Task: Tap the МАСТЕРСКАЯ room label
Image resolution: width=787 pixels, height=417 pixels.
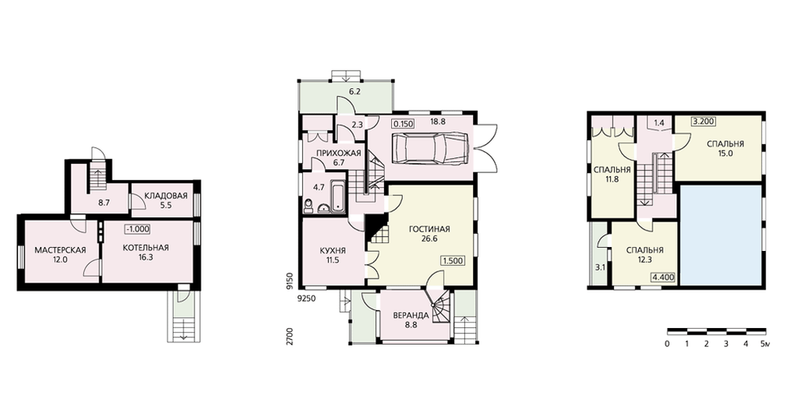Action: (61, 250)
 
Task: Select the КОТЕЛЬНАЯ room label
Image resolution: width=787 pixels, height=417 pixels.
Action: (146, 248)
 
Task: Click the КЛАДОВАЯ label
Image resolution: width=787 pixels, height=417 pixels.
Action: (165, 196)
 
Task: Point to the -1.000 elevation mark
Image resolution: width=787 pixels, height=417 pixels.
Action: (138, 229)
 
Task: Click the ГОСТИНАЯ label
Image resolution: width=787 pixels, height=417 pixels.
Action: (430, 229)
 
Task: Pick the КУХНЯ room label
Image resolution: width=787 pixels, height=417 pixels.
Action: (333, 251)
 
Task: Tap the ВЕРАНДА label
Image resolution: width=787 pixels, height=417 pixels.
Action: (411, 316)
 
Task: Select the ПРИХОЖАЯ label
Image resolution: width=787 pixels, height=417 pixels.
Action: (338, 153)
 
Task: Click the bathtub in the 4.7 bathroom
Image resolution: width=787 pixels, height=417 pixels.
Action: (339, 197)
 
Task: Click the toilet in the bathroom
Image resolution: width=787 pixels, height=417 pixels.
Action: (309, 205)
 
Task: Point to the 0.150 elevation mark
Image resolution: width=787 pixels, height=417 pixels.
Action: (404, 123)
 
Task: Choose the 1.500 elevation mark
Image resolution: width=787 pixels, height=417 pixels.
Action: (453, 261)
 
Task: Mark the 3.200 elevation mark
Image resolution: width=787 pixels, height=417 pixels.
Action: (703, 121)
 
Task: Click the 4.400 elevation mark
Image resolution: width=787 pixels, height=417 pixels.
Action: (663, 276)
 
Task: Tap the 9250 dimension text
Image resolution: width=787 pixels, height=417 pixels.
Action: (307, 298)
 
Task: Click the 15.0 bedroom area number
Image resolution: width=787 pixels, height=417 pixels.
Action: (726, 153)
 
